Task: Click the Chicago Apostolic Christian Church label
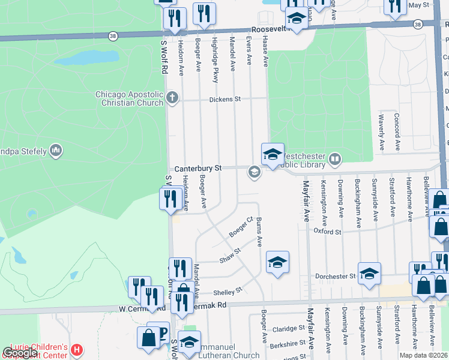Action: point(129,98)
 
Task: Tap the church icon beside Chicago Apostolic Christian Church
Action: point(173,98)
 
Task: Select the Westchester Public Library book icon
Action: point(335,160)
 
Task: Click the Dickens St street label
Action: point(224,99)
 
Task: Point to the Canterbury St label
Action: point(198,169)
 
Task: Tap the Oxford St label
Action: point(327,232)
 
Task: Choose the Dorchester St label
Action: point(335,277)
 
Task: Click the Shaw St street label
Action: point(230,256)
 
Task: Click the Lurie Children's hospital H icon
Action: point(76,349)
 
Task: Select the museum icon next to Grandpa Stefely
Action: point(56,150)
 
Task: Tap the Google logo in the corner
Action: point(20,353)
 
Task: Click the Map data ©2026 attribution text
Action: point(423,355)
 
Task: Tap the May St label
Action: point(419,5)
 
